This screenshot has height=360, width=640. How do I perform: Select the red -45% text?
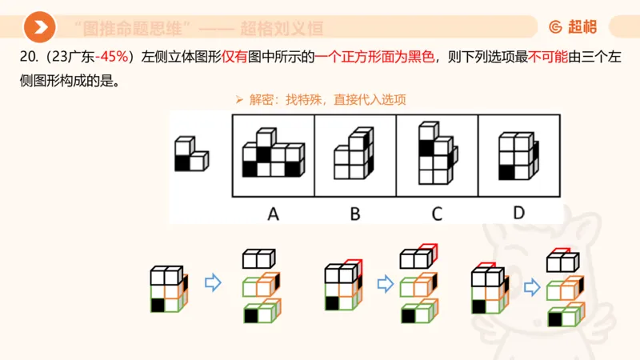(x=112, y=57)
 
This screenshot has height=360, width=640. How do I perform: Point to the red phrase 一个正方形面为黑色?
(x=375, y=57)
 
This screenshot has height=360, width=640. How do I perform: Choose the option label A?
(x=273, y=214)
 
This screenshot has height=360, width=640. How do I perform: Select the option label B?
(x=354, y=214)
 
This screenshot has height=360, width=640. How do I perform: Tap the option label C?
(x=436, y=214)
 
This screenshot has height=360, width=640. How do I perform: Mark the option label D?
(x=518, y=214)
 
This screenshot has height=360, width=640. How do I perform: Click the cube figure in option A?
(x=273, y=153)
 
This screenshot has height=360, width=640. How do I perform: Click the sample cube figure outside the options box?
(x=190, y=154)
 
